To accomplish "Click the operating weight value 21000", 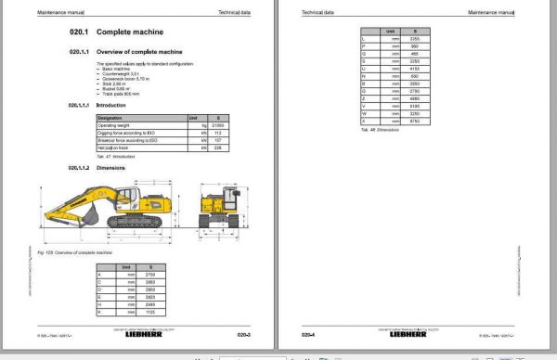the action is pyautogui.click(x=219, y=124).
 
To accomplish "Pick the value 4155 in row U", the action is pyautogui.click(x=415, y=69).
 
